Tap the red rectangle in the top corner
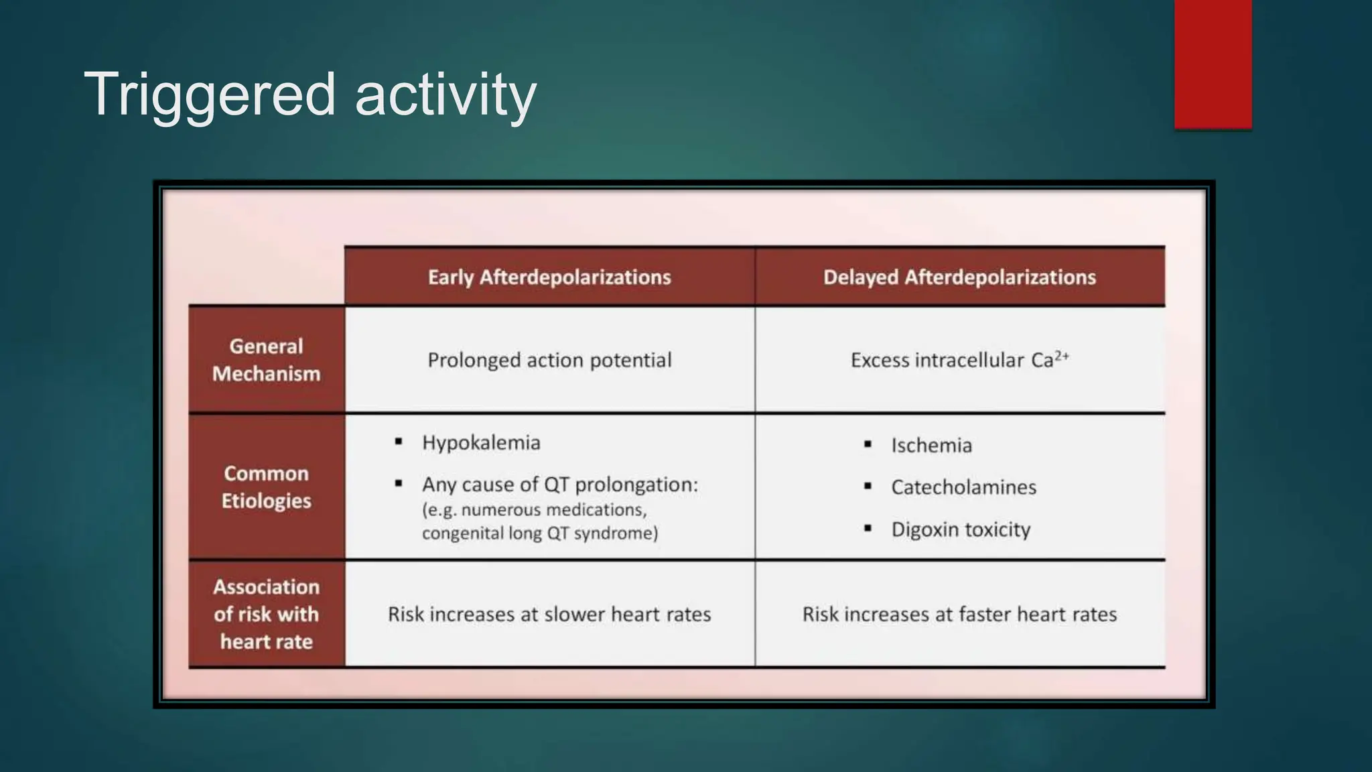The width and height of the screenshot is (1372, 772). [1213, 64]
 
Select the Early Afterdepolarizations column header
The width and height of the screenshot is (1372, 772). [549, 277]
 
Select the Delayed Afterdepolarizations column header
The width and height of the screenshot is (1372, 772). [959, 277]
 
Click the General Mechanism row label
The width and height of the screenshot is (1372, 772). [267, 360]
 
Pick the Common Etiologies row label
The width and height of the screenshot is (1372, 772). [267, 487]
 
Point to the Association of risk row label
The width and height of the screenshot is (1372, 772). [267, 614]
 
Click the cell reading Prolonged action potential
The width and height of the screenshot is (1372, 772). [549, 360]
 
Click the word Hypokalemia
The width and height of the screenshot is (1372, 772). [481, 442]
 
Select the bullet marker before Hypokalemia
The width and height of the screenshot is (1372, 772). [399, 442]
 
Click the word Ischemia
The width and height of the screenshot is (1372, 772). [931, 445]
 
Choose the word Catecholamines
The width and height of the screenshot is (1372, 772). [963, 487]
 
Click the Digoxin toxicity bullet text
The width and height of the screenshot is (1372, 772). [961, 529]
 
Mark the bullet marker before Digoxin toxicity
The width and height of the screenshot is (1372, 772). [868, 528]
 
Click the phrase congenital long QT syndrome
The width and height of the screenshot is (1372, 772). [540, 533]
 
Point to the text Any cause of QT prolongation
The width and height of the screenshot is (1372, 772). [560, 485]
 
